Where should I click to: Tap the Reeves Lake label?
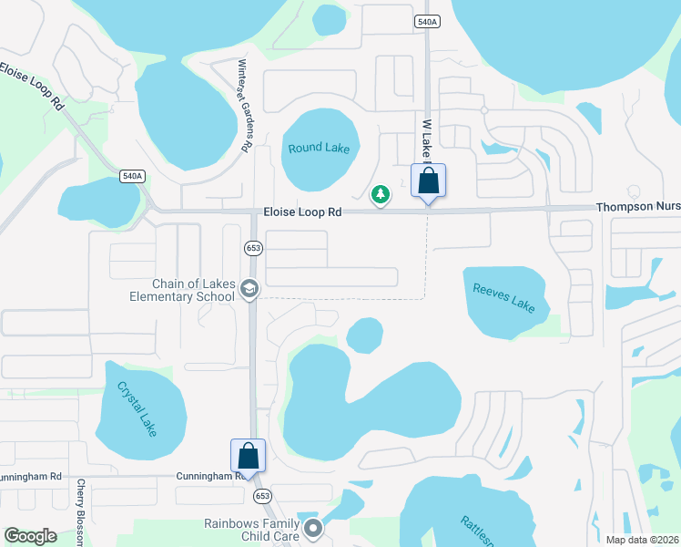point(503,298)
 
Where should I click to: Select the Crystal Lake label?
point(137,407)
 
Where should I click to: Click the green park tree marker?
point(381,194)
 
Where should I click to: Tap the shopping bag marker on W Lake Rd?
point(428,181)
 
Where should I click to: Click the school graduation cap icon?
point(249,289)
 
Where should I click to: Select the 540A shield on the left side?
point(132,175)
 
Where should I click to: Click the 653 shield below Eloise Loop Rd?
point(253,247)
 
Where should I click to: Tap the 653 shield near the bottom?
point(262,496)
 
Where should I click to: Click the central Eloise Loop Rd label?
point(302,212)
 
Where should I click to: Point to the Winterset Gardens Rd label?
point(243,106)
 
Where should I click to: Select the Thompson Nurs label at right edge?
point(637,208)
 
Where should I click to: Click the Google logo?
point(31,535)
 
